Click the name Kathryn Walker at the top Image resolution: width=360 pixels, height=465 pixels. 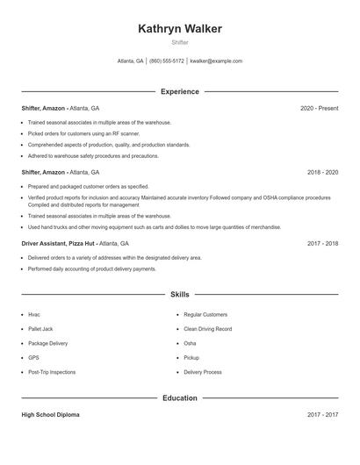tap(180, 29)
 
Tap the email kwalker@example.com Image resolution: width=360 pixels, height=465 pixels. tap(216, 61)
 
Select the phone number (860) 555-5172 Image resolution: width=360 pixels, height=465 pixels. tap(167, 61)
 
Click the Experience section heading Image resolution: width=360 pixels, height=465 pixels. tap(180, 91)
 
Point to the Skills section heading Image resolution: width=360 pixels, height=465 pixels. tap(180, 295)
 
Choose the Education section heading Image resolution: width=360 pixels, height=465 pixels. tap(180, 398)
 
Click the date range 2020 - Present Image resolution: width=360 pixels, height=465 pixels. tap(319, 108)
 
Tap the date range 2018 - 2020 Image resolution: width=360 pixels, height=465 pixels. tap(322, 173)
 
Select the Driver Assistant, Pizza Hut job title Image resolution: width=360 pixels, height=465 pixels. tap(59, 243)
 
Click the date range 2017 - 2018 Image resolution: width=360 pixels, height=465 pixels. tap(322, 243)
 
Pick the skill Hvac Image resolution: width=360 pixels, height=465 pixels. tap(34, 314)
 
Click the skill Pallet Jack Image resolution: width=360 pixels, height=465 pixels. tap(40, 329)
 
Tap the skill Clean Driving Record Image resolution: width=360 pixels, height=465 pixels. tap(207, 329)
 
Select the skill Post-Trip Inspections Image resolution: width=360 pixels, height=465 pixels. tap(52, 372)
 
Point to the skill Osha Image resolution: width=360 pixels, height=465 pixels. tap(190, 343)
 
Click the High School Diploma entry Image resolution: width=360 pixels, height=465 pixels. tap(50, 415)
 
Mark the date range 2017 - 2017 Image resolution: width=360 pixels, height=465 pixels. tap(322, 415)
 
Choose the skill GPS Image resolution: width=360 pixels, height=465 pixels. tap(34, 358)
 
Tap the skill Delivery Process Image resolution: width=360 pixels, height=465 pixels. tap(203, 372)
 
